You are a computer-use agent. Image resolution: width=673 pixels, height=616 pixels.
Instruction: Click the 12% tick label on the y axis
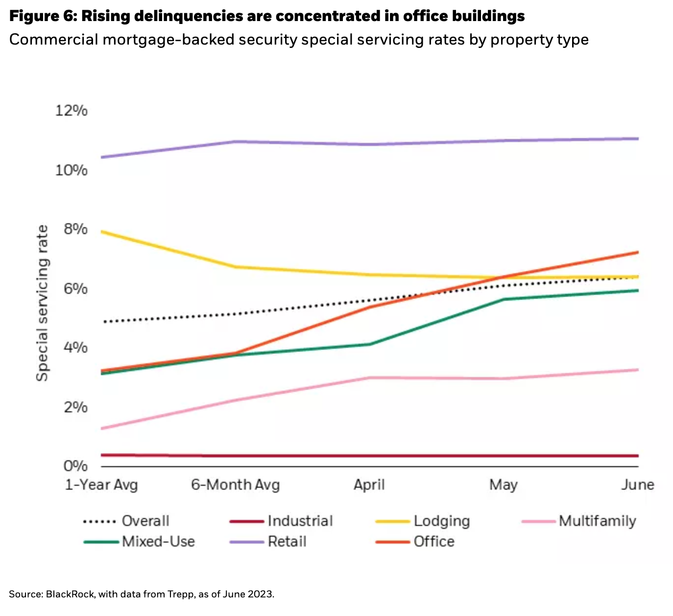pyautogui.click(x=72, y=111)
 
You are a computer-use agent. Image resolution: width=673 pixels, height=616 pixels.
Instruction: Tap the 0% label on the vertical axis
pyautogui.click(x=75, y=466)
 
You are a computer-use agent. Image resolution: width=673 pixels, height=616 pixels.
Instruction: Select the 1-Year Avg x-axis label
pyautogui.click(x=102, y=485)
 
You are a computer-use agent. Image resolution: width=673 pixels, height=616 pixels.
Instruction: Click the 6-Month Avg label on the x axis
pyautogui.click(x=236, y=485)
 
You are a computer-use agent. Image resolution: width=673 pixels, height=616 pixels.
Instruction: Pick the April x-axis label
pyautogui.click(x=369, y=485)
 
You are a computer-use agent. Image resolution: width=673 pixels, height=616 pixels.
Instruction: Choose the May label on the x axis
pyautogui.click(x=504, y=485)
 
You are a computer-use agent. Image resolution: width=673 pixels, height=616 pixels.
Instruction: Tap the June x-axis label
pyautogui.click(x=638, y=485)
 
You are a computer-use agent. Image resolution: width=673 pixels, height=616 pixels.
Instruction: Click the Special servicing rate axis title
pyautogui.click(x=43, y=303)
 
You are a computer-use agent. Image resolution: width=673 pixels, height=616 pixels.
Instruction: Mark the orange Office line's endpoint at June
pyautogui.click(x=638, y=252)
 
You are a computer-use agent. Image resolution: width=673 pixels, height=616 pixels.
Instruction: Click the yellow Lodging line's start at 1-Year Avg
pyautogui.click(x=102, y=231)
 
